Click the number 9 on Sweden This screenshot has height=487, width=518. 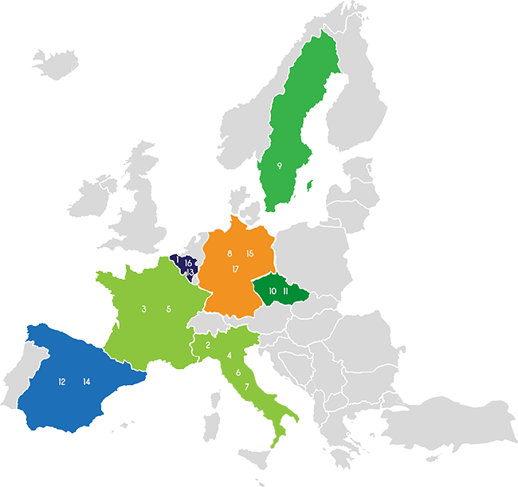click(280, 166)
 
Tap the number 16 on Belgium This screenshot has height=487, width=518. click(188, 262)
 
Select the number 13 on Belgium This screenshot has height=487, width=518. click(190, 273)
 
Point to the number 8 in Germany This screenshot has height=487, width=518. click(230, 253)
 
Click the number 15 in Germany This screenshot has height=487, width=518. click(249, 253)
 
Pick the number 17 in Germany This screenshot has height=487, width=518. click(236, 269)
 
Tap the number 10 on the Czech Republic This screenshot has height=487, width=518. click(273, 292)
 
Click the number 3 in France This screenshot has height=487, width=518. click(143, 308)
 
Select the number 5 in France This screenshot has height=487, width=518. click(168, 308)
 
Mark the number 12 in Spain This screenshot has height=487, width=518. click(61, 382)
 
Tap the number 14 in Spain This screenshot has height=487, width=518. click(86, 382)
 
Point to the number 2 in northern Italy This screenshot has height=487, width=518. click(208, 345)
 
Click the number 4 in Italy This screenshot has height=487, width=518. click(230, 355)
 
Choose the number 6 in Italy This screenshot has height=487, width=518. click(237, 372)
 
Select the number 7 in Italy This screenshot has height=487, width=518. click(247, 387)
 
